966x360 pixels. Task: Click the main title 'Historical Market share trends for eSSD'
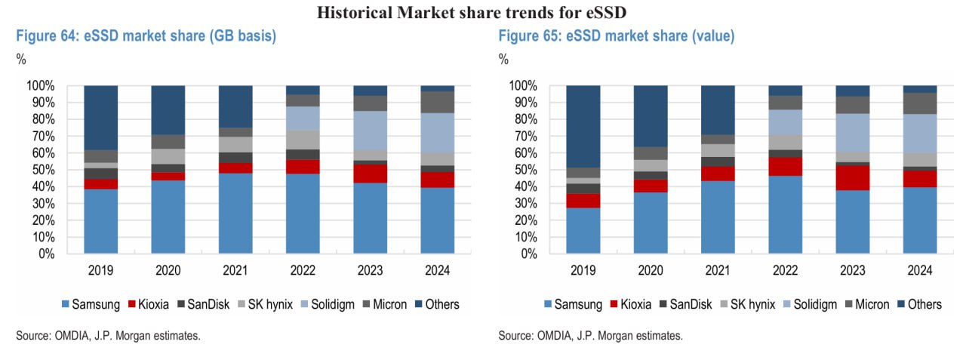pos(482,11)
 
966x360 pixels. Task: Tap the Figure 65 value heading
pos(616,35)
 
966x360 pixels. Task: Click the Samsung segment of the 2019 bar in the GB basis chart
pos(100,221)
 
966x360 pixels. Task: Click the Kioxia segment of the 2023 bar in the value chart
pos(852,177)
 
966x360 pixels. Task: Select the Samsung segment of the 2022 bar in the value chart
pos(785,214)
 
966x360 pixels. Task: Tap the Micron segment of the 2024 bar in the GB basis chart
pos(438,102)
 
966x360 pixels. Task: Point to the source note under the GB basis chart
pos(108,336)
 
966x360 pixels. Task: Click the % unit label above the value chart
pos(503,60)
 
